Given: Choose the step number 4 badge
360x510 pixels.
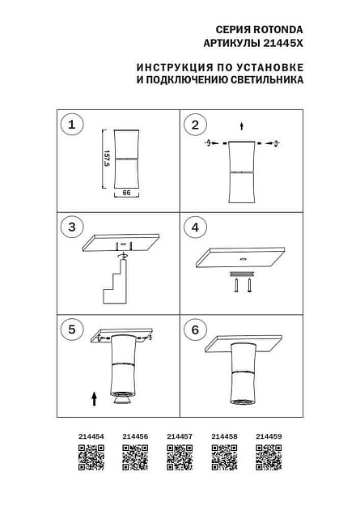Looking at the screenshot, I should pyautogui.click(x=194, y=227).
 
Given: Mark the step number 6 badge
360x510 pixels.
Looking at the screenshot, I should pyautogui.click(x=194, y=329).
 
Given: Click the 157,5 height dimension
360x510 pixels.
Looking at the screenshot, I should pyautogui.click(x=106, y=159).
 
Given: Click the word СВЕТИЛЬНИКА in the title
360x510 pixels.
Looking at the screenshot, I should pyautogui.click(x=265, y=81).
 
